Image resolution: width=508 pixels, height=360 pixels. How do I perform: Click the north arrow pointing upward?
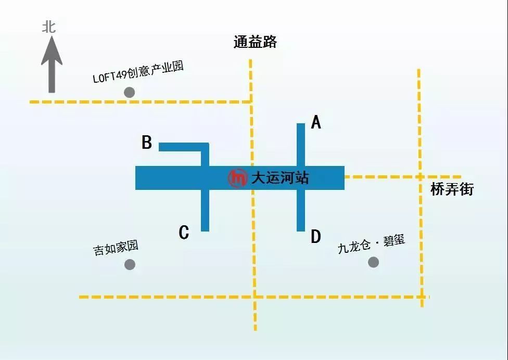point(52,65)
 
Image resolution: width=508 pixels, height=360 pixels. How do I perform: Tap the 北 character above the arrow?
point(49,27)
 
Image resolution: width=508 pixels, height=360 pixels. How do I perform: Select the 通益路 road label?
point(255,42)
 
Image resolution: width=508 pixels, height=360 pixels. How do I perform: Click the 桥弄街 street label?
point(452,189)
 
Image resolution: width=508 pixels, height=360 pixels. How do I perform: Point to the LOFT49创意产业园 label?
point(138,72)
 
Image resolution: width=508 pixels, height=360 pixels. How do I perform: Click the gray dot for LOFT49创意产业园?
point(129,92)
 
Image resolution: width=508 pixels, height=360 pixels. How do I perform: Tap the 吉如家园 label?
point(116,248)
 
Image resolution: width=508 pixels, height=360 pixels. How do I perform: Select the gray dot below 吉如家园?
point(130,264)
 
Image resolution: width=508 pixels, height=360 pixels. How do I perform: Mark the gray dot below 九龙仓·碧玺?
point(374,262)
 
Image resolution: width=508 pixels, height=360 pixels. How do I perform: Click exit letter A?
point(316,122)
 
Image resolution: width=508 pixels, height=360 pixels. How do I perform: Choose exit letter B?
point(147,142)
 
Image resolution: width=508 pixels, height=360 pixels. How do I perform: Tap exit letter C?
point(184,233)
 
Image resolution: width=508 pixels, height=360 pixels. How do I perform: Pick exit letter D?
point(316,236)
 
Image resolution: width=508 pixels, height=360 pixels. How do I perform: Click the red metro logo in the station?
point(238,178)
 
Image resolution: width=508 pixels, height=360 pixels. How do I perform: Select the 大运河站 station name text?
point(280,178)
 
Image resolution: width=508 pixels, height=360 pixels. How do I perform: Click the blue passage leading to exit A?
point(301,145)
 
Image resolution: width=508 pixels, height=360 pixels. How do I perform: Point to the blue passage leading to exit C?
point(205,210)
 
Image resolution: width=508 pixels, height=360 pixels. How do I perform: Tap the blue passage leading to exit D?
point(301,210)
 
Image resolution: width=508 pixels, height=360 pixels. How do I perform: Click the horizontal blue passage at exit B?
point(184,147)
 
